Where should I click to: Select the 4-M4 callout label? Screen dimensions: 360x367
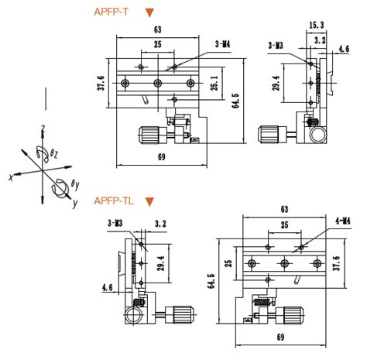click(334, 222)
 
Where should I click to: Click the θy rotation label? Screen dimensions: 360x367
click(74, 184)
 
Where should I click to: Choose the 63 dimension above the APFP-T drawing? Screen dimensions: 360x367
click(158, 29)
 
